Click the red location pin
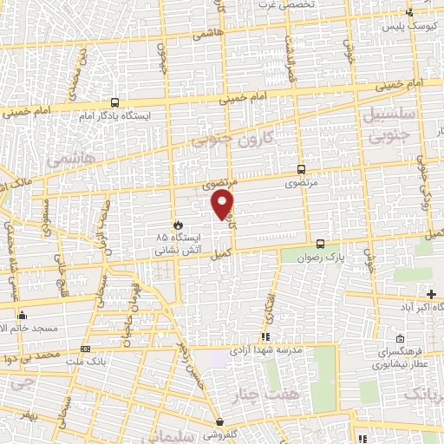(223, 205)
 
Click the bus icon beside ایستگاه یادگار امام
(104, 102)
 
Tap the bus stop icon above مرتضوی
(301, 170)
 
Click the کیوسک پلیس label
(409, 27)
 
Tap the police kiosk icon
(409, 12)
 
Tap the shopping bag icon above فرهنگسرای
(400, 337)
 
